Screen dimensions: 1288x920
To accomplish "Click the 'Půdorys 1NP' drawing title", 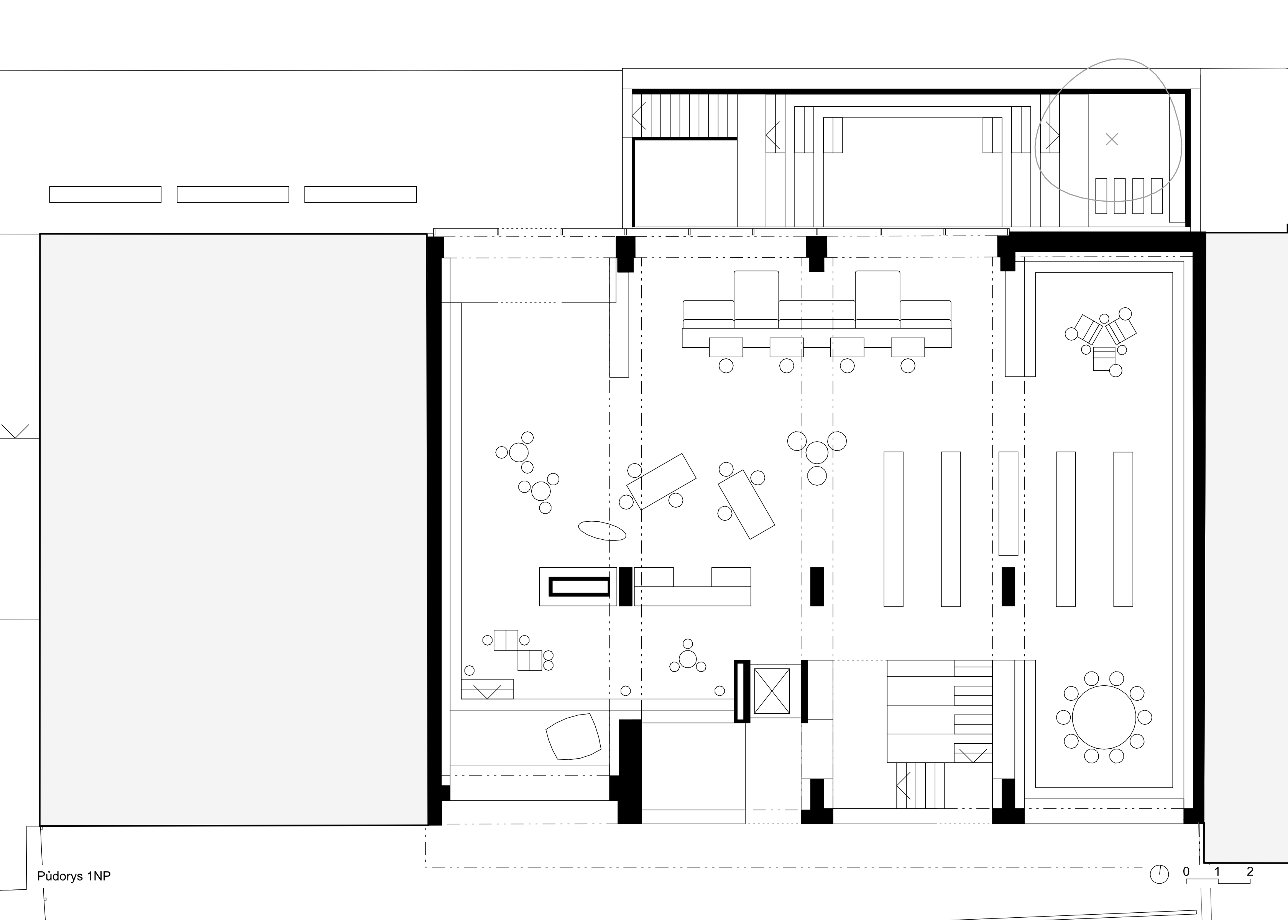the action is pyautogui.click(x=74, y=876).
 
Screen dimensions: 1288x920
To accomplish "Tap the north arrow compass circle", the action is pyautogui.click(x=1159, y=890).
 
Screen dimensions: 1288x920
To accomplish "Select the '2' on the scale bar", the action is pyautogui.click(x=1250, y=872).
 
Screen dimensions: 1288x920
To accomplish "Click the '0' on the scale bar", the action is pyautogui.click(x=1186, y=872).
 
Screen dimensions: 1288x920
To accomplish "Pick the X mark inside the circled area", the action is pyautogui.click(x=1112, y=139).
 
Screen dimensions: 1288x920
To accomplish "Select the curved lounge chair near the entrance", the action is pyautogui.click(x=573, y=736).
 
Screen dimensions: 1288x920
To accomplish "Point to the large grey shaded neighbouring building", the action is pyautogui.click(x=233, y=530).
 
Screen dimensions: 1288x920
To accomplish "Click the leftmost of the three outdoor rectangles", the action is pyautogui.click(x=105, y=194).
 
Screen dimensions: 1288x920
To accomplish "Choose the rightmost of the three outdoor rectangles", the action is pyautogui.click(x=360, y=194).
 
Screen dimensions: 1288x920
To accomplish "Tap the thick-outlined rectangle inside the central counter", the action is pyautogui.click(x=580, y=586).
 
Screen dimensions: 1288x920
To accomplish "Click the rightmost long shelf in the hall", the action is pyautogui.click(x=1123, y=529).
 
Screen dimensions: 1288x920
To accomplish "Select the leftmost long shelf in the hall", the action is pyautogui.click(x=893, y=529).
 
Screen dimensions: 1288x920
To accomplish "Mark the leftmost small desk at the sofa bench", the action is pyautogui.click(x=726, y=347).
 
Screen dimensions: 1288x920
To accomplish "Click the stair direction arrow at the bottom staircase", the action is pyautogui.click(x=903, y=785).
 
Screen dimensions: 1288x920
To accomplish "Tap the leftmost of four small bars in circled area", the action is pyautogui.click(x=1101, y=196).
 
